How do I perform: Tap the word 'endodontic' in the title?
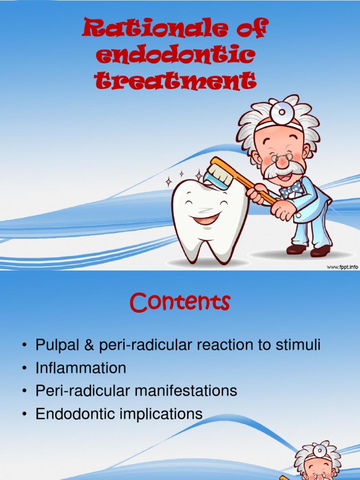pos(175,55)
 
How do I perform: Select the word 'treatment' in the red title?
pos(175,81)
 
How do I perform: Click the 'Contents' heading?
pos(180,302)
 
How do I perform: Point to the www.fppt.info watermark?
pos(342,267)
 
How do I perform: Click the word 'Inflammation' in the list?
pos(81,367)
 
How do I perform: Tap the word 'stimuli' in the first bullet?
pos(298,345)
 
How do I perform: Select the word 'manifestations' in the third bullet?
pos(186,390)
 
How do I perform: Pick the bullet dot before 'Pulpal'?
pos(24,345)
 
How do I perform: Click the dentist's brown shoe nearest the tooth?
pos(296,249)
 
